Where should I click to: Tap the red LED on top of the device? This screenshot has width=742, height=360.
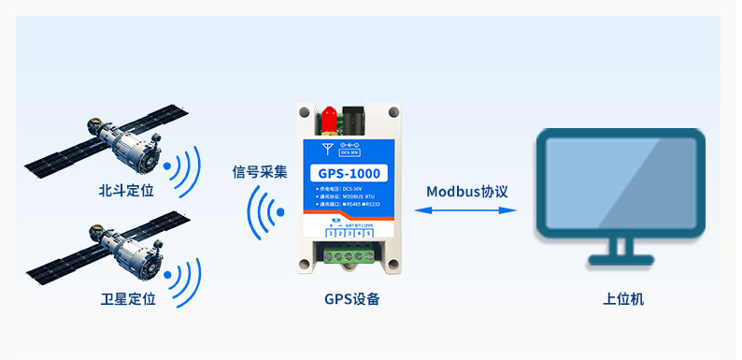coord(328,119)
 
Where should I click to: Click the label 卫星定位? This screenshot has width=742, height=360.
coord(127,299)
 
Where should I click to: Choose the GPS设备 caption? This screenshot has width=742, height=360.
coord(351,299)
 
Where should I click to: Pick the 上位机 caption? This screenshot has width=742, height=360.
coord(623,299)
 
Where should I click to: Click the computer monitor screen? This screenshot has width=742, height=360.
coord(621,182)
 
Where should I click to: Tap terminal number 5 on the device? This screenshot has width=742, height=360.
coord(368,232)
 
